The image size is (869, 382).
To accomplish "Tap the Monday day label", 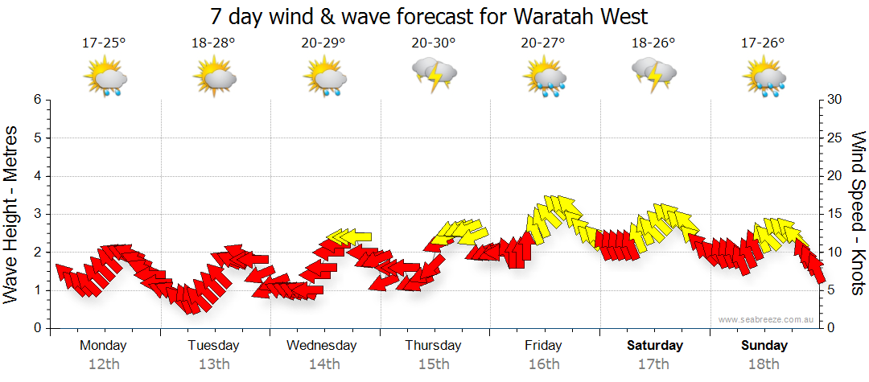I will click(103, 345).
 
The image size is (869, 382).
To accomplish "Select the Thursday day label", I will click(433, 345).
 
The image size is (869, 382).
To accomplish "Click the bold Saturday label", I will click(654, 345).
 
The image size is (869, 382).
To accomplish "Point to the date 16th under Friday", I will click(544, 364).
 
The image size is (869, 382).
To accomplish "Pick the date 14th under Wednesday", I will click(323, 364).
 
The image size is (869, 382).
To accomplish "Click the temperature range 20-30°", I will click(434, 43).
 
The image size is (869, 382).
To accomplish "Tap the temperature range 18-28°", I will click(213, 43).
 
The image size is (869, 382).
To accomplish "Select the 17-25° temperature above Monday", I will click(104, 43).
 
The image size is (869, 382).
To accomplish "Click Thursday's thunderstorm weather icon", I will click(434, 76).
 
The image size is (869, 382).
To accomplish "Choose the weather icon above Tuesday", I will click(214, 77).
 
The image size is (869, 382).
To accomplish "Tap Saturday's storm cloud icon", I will click(654, 76).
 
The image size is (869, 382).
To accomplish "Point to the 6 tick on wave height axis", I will click(37, 100).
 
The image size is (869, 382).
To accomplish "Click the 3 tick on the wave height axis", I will click(37, 214).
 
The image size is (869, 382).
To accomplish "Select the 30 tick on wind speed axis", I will click(834, 100).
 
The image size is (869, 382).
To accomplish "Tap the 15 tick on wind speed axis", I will click(834, 214).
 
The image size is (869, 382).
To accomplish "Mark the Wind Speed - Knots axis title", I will click(858, 212).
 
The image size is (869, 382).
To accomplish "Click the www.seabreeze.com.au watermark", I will click(768, 319).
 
